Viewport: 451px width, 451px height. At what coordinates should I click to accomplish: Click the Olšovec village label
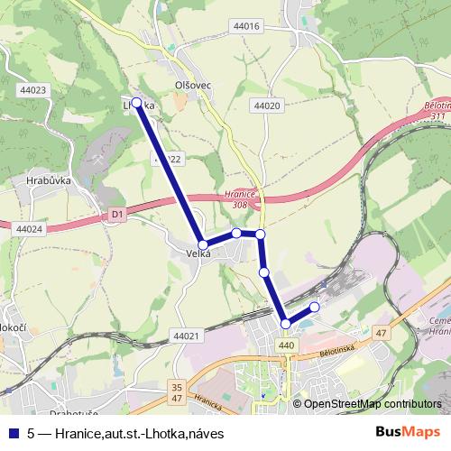(x=192, y=85)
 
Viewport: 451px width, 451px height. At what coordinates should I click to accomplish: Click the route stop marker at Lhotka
(x=137, y=103)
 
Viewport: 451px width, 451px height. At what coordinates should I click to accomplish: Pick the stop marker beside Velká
(x=204, y=244)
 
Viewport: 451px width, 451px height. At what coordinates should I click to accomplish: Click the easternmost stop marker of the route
(x=315, y=307)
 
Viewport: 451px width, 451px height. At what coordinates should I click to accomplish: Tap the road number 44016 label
(x=244, y=26)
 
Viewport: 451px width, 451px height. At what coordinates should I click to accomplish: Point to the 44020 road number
(x=268, y=106)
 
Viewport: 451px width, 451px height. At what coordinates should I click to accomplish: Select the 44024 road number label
(x=29, y=229)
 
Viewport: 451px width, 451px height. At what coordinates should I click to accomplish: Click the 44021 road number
(x=184, y=336)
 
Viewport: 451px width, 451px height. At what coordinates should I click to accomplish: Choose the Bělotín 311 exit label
(x=436, y=111)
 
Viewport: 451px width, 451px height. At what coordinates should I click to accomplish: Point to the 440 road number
(x=287, y=345)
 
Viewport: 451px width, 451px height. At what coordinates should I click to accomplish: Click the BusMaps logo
(x=408, y=433)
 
